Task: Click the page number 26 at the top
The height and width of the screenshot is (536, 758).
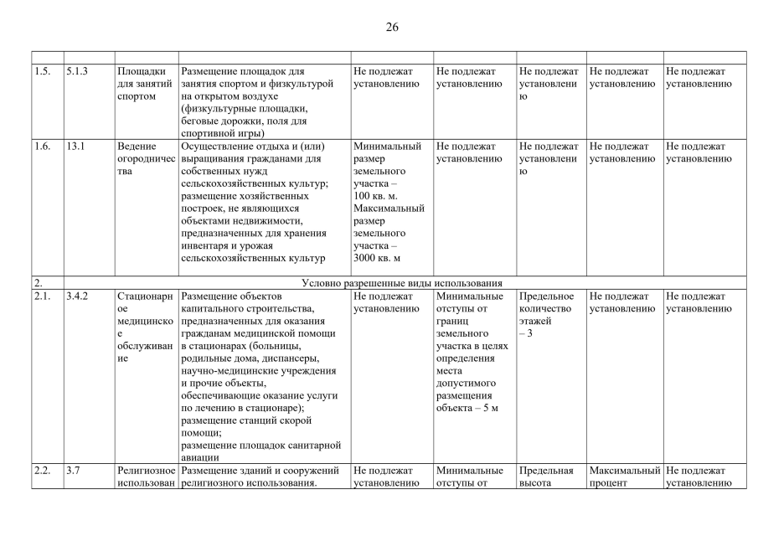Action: pyautogui.click(x=392, y=27)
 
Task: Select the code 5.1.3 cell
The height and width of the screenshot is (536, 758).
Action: pyautogui.click(x=77, y=71)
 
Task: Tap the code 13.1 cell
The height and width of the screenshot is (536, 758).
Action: pyautogui.click(x=75, y=147)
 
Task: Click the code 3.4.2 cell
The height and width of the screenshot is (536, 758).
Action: pyautogui.click(x=77, y=296)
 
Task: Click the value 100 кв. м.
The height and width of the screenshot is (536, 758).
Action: pyautogui.click(x=377, y=195)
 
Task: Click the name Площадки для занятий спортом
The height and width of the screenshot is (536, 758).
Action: pyautogui.click(x=145, y=84)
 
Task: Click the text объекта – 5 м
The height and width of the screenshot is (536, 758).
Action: pyautogui.click(x=467, y=408)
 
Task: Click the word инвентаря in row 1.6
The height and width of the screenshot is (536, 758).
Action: pyautogui.click(x=209, y=245)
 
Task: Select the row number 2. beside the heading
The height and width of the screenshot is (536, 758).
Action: pyautogui.click(x=38, y=283)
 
